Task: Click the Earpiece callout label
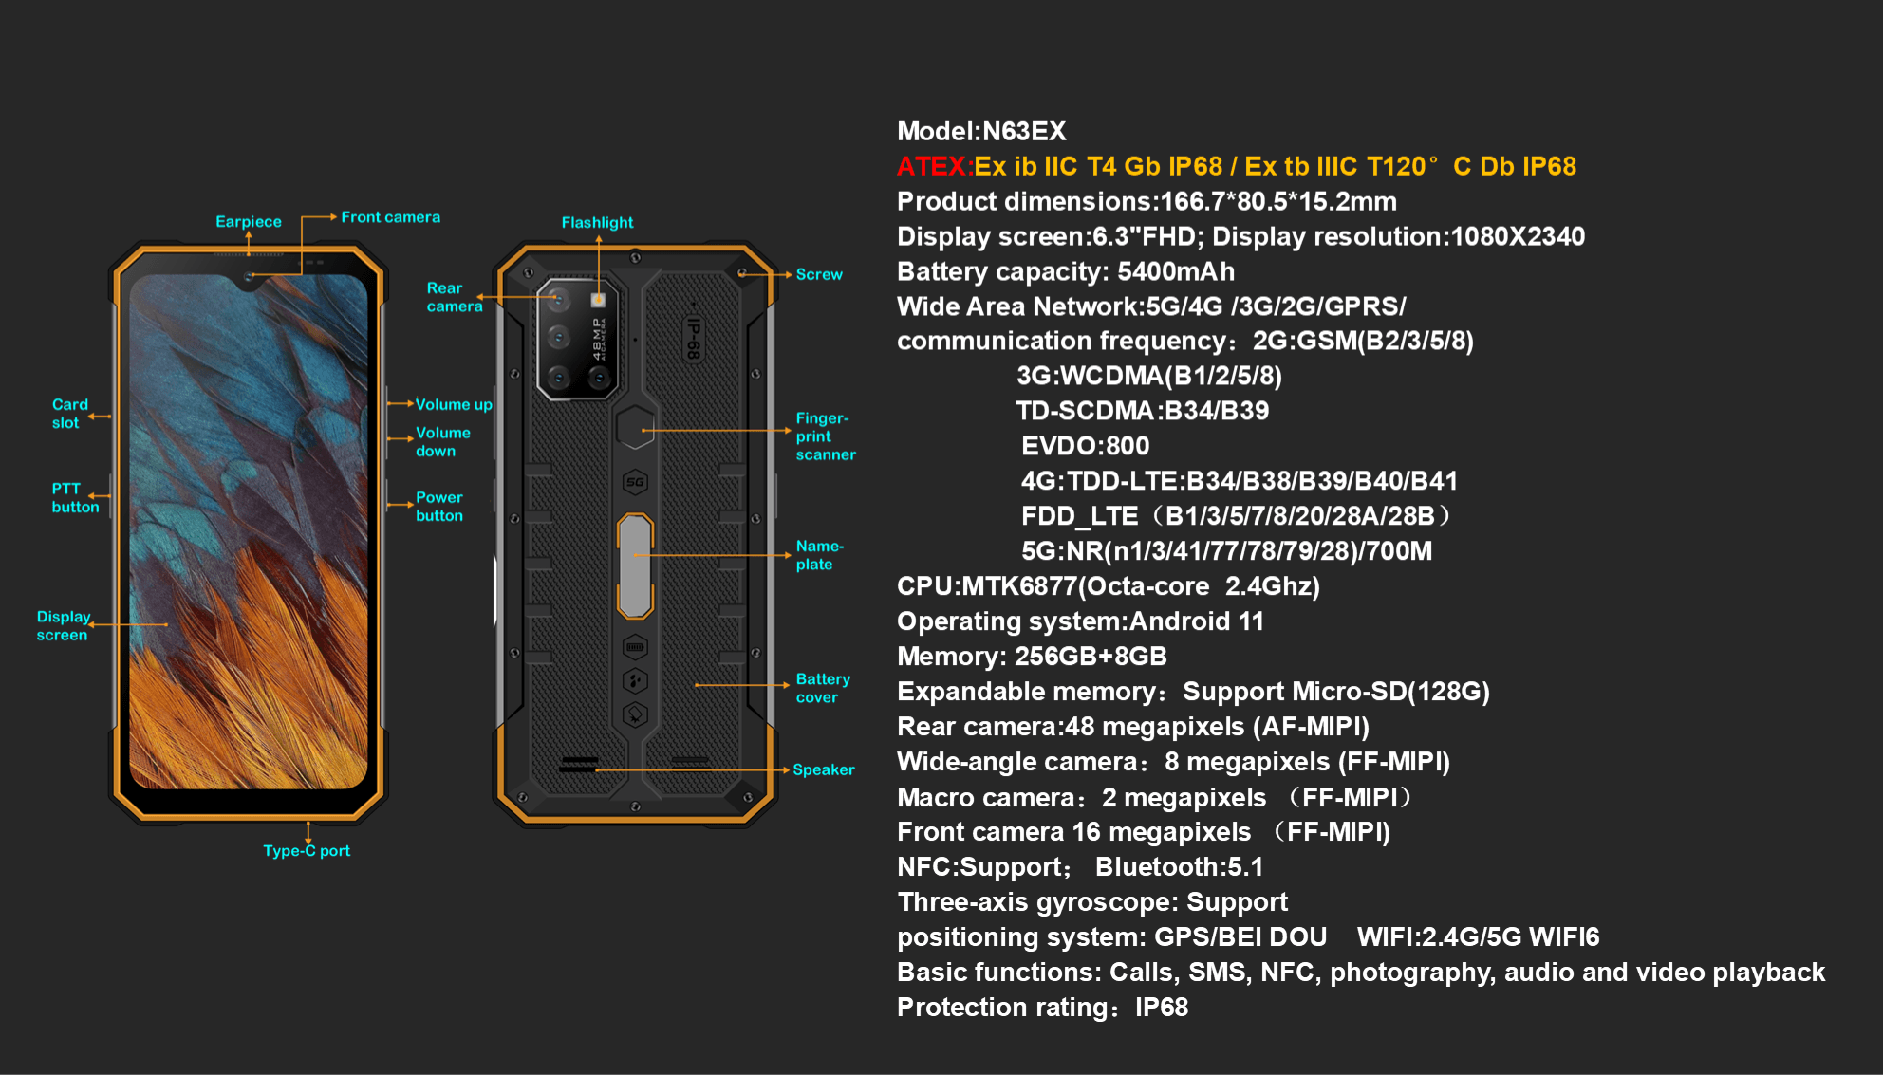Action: coord(249,222)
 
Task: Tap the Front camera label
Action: coord(390,217)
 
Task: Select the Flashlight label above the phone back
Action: coord(597,223)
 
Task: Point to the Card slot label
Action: coord(69,414)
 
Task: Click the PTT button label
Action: coord(75,498)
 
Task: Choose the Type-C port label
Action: coord(307,851)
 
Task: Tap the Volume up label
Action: coord(454,405)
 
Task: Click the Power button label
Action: coord(438,507)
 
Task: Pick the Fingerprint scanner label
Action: coord(825,436)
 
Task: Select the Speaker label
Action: coord(823,770)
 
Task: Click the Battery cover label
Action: coord(822,689)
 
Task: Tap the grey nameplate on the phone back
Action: coord(635,565)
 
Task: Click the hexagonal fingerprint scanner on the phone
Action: coord(635,428)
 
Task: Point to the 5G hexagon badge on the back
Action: coord(635,482)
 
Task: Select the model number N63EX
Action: coord(1024,132)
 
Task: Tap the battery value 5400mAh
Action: coord(1176,272)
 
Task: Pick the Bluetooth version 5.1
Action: coord(1244,867)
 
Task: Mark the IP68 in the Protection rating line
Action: coord(1162,1008)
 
